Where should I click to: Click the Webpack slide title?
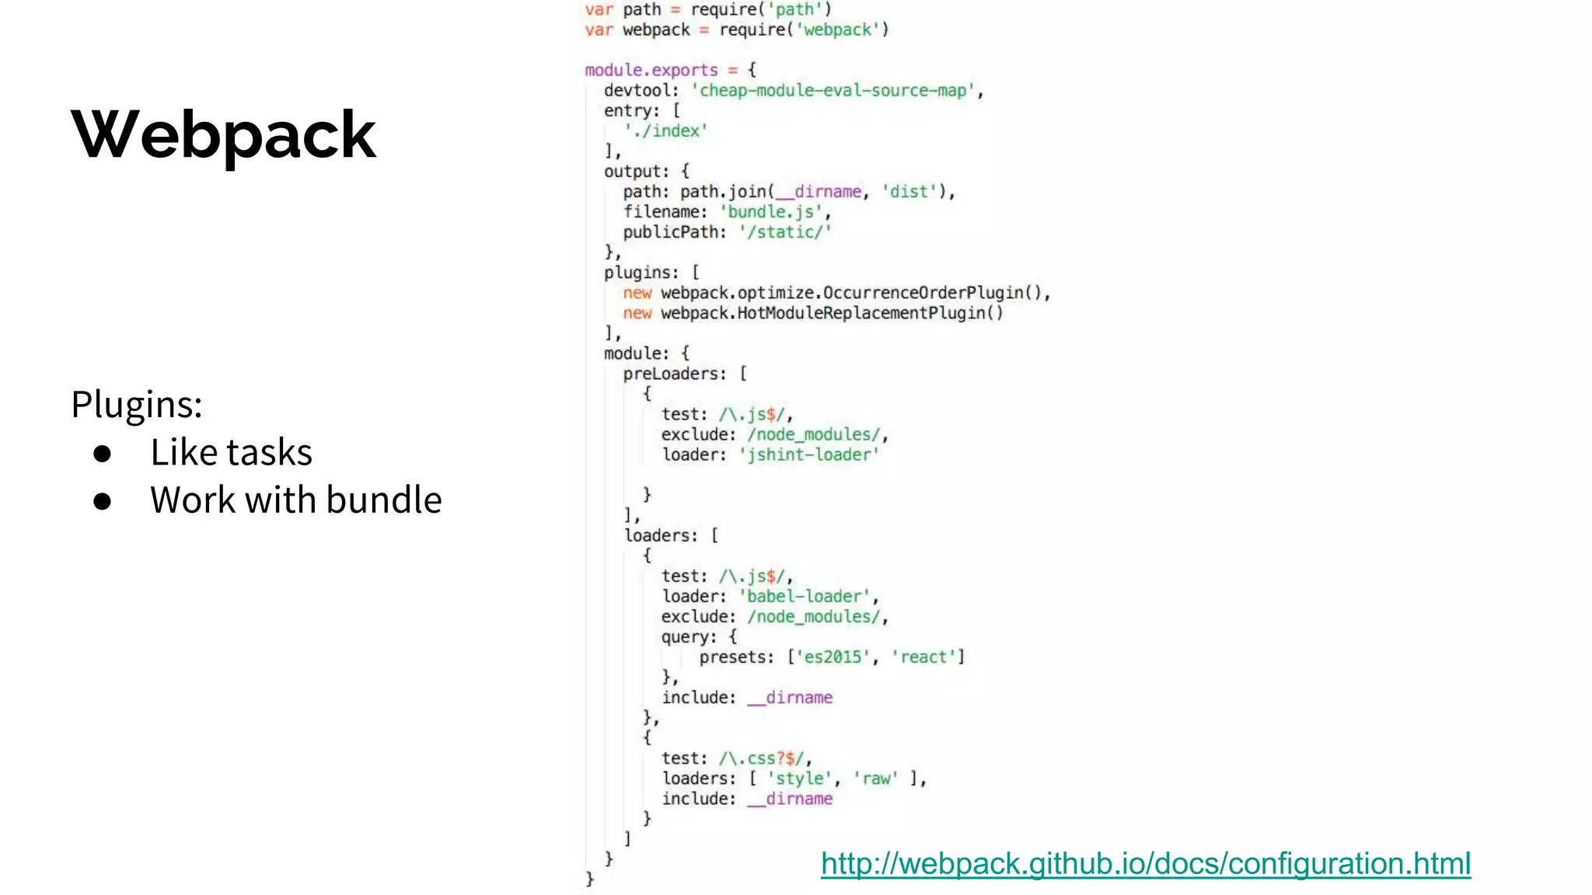pyautogui.click(x=224, y=135)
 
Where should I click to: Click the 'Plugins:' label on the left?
pyautogui.click(x=137, y=404)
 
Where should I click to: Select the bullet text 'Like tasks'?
pyautogui.click(x=231, y=452)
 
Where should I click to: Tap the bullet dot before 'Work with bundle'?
pyautogui.click(x=102, y=501)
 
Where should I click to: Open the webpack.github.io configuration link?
pyautogui.click(x=1145, y=864)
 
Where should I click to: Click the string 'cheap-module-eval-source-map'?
pyautogui.click(x=833, y=91)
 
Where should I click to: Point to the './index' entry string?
pyautogui.click(x=665, y=131)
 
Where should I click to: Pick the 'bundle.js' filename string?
pyautogui.click(x=770, y=212)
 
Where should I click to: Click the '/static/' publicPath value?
pyautogui.click(x=785, y=232)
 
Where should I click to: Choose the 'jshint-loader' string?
pyautogui.click(x=808, y=454)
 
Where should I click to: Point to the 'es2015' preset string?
pyautogui.click(x=832, y=657)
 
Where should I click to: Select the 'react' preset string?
pyautogui.click(x=923, y=657)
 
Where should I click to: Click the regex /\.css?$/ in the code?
pyautogui.click(x=764, y=758)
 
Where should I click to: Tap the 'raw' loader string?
pyautogui.click(x=876, y=778)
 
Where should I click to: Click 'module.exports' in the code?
pyautogui.click(x=651, y=71)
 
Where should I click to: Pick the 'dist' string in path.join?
pyautogui.click(x=909, y=192)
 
